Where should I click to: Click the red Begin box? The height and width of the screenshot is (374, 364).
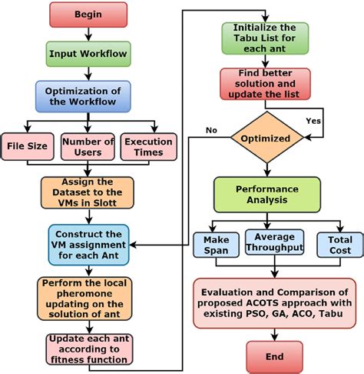(89, 15)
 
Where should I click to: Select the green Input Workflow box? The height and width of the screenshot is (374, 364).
(89, 53)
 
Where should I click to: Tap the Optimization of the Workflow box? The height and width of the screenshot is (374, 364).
(89, 96)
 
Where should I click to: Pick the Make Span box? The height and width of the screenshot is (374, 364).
(216, 245)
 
